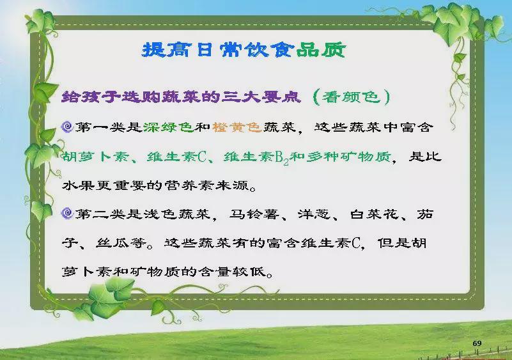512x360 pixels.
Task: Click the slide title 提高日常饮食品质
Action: point(244,51)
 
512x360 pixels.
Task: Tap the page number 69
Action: point(477,343)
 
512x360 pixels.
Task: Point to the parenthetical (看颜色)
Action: point(352,97)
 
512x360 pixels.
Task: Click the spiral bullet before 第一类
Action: point(67,127)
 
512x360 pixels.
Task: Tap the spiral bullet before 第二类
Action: point(67,214)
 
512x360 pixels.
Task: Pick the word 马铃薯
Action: point(254,214)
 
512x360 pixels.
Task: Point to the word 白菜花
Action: point(375,214)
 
